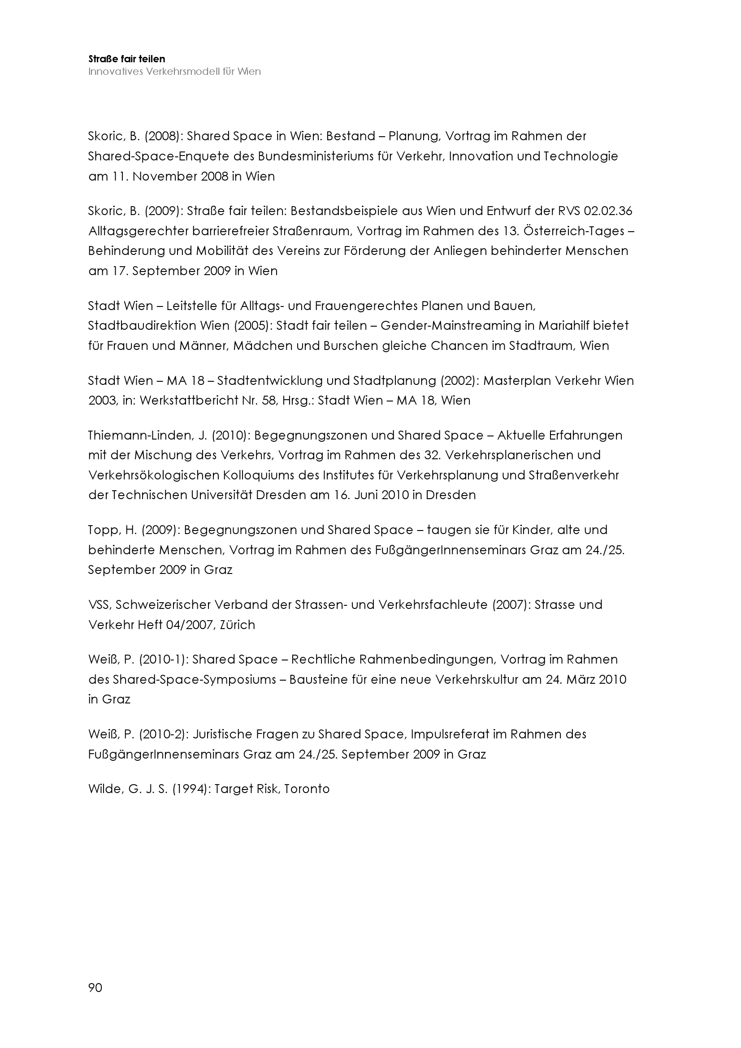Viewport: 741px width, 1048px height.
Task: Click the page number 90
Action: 95,988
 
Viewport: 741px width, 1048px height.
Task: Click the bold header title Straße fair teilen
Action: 126,59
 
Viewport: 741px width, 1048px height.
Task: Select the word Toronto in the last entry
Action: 307,789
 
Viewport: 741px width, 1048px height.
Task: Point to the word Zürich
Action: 238,625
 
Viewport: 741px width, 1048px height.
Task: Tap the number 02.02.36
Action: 608,211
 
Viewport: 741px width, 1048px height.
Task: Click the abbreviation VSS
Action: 99,604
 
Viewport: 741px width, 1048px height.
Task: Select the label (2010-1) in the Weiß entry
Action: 164,659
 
